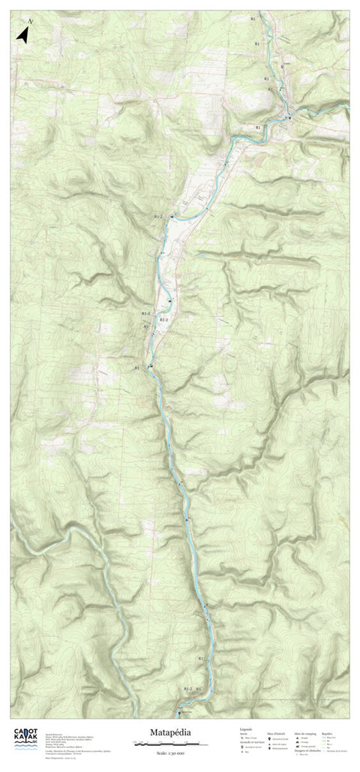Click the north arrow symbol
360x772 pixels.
[22, 34]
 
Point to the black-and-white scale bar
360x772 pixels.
[165, 743]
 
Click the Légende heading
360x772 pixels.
[245, 728]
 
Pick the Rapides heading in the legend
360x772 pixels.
[326, 733]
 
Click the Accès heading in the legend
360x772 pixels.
[242, 733]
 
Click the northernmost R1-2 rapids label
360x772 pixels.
[157, 216]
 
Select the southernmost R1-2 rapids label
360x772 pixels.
[187, 688]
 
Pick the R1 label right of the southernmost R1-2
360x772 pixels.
[199, 688]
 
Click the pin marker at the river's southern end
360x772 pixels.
[178, 713]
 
